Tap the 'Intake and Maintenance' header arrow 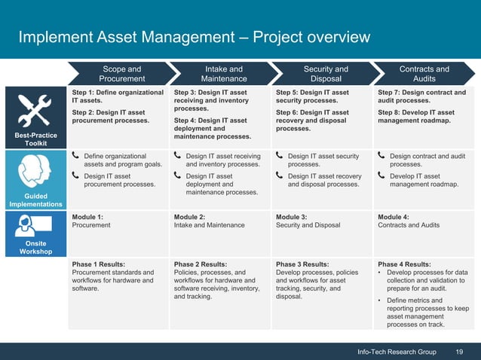[x=224, y=74]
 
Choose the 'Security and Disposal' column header [x=326, y=74]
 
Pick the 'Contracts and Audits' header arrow [x=424, y=74]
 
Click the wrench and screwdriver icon [x=31, y=110]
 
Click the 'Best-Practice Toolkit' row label [x=31, y=139]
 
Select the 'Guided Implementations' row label [x=31, y=200]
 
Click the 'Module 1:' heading [x=87, y=217]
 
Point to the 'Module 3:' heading [x=292, y=217]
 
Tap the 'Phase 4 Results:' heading [x=404, y=264]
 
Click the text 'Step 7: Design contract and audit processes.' [x=421, y=97]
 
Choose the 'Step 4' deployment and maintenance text [x=212, y=128]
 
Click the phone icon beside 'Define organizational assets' [x=75, y=156]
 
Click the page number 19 [x=459, y=352]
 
